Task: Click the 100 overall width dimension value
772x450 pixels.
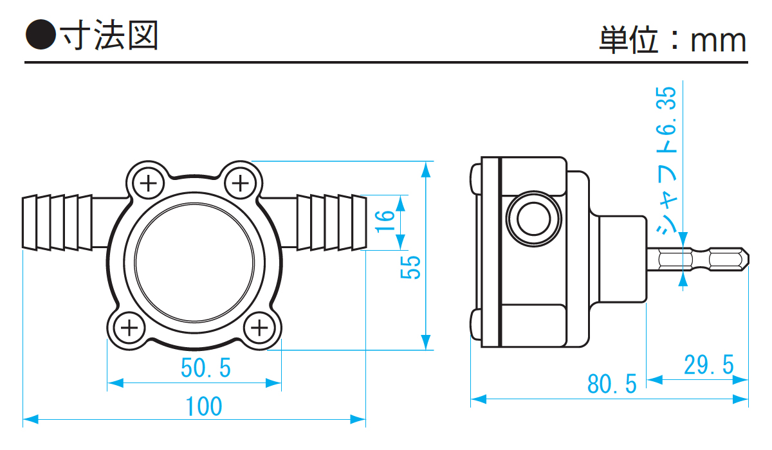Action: coord(204,406)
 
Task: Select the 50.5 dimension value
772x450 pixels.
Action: coord(205,368)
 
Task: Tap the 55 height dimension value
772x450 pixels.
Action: coord(411,267)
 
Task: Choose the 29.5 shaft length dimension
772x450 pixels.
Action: coord(708,365)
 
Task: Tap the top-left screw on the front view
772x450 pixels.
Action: coord(149,184)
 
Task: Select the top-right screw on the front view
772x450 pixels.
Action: coord(240,184)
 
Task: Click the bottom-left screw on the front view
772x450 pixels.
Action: coord(129,329)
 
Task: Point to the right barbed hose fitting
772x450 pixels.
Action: coord(329,222)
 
